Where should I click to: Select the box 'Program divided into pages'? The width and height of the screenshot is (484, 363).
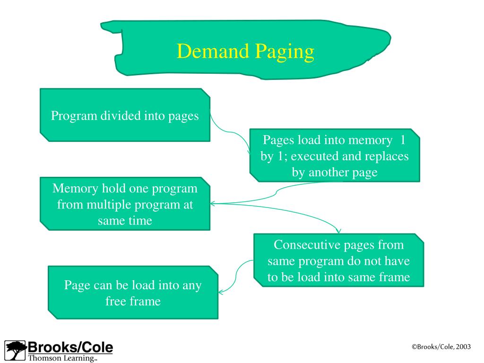(125, 115)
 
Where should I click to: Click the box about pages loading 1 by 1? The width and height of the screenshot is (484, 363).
(335, 156)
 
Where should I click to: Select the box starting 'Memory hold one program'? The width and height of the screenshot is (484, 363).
(125, 204)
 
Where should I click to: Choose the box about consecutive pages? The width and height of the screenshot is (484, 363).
(338, 260)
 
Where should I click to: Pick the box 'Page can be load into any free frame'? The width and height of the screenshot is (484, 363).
(133, 293)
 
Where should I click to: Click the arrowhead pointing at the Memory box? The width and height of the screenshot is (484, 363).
(212, 204)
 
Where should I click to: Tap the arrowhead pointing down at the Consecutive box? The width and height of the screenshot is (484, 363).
(338, 231)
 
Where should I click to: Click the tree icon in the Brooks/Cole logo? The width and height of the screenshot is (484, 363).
(16, 350)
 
